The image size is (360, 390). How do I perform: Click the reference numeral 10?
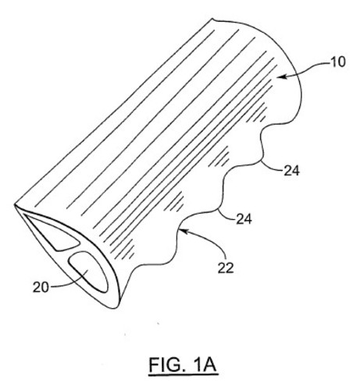pos(337,62)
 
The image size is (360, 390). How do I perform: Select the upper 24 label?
pos(291,171)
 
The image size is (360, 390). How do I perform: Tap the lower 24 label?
pos(244,219)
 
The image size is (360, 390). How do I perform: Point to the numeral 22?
pos(226,268)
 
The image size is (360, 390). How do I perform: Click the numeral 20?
pos(41,287)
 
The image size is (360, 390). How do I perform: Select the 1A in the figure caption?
pos(205,364)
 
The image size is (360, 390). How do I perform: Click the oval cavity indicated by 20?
pos(88,271)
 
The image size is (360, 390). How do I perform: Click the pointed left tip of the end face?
pos(15,205)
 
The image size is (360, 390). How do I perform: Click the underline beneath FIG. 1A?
pos(183,375)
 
